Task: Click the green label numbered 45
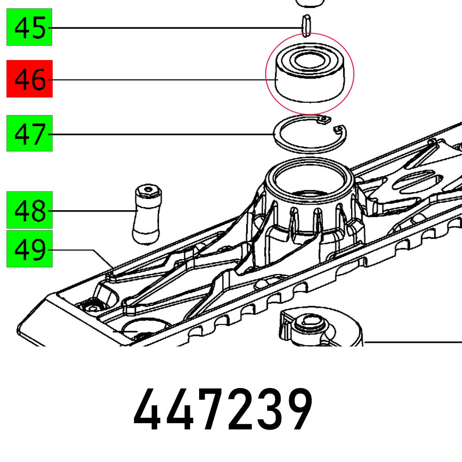(x=29, y=28)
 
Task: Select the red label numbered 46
(x=29, y=79)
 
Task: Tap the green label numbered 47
(x=29, y=134)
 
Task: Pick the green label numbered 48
(x=29, y=211)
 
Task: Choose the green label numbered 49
(x=29, y=250)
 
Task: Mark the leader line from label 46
(x=162, y=80)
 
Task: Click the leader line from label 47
(x=162, y=134)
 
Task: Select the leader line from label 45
(x=176, y=28)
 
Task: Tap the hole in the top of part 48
(x=147, y=189)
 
